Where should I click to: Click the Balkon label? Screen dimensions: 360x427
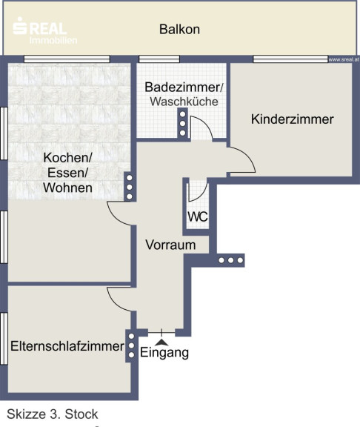tap(179, 29)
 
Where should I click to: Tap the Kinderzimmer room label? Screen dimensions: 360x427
tap(293, 119)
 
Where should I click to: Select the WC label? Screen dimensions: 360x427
tap(198, 216)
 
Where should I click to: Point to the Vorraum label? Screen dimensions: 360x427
tap(170, 245)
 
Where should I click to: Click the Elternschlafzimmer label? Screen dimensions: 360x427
tap(67, 346)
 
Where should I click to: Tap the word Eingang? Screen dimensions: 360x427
tap(164, 352)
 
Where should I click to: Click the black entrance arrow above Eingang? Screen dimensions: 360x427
tap(161, 342)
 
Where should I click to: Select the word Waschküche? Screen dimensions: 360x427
tap(184, 102)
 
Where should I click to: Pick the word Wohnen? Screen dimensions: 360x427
tap(67, 188)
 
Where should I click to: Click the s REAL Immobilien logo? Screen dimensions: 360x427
tap(45, 30)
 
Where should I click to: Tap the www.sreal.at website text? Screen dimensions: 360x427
tap(344, 59)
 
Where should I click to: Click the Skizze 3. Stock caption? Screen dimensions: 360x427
tap(53, 414)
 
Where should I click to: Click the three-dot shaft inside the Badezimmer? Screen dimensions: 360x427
tap(182, 123)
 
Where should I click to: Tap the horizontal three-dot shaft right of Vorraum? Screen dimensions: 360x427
tap(231, 260)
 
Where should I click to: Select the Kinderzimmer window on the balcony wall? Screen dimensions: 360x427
tap(290, 59)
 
